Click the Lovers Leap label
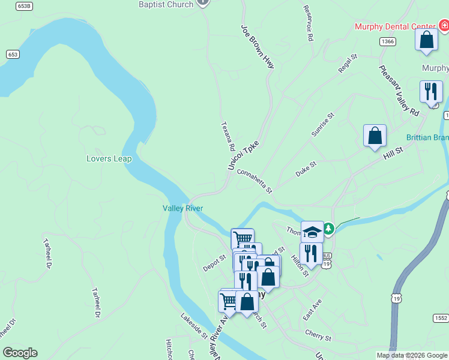pyautogui.click(x=109, y=159)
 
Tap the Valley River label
pyautogui.click(x=182, y=208)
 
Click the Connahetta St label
pyautogui.click(x=255, y=181)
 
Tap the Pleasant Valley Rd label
pyautogui.click(x=399, y=90)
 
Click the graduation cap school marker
pyautogui.click(x=312, y=231)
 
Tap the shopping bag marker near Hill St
pyautogui.click(x=375, y=136)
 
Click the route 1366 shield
pyautogui.click(x=387, y=41)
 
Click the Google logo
pyautogui.click(x=20, y=353)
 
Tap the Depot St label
pyautogui.click(x=214, y=262)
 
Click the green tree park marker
pyautogui.click(x=328, y=229)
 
